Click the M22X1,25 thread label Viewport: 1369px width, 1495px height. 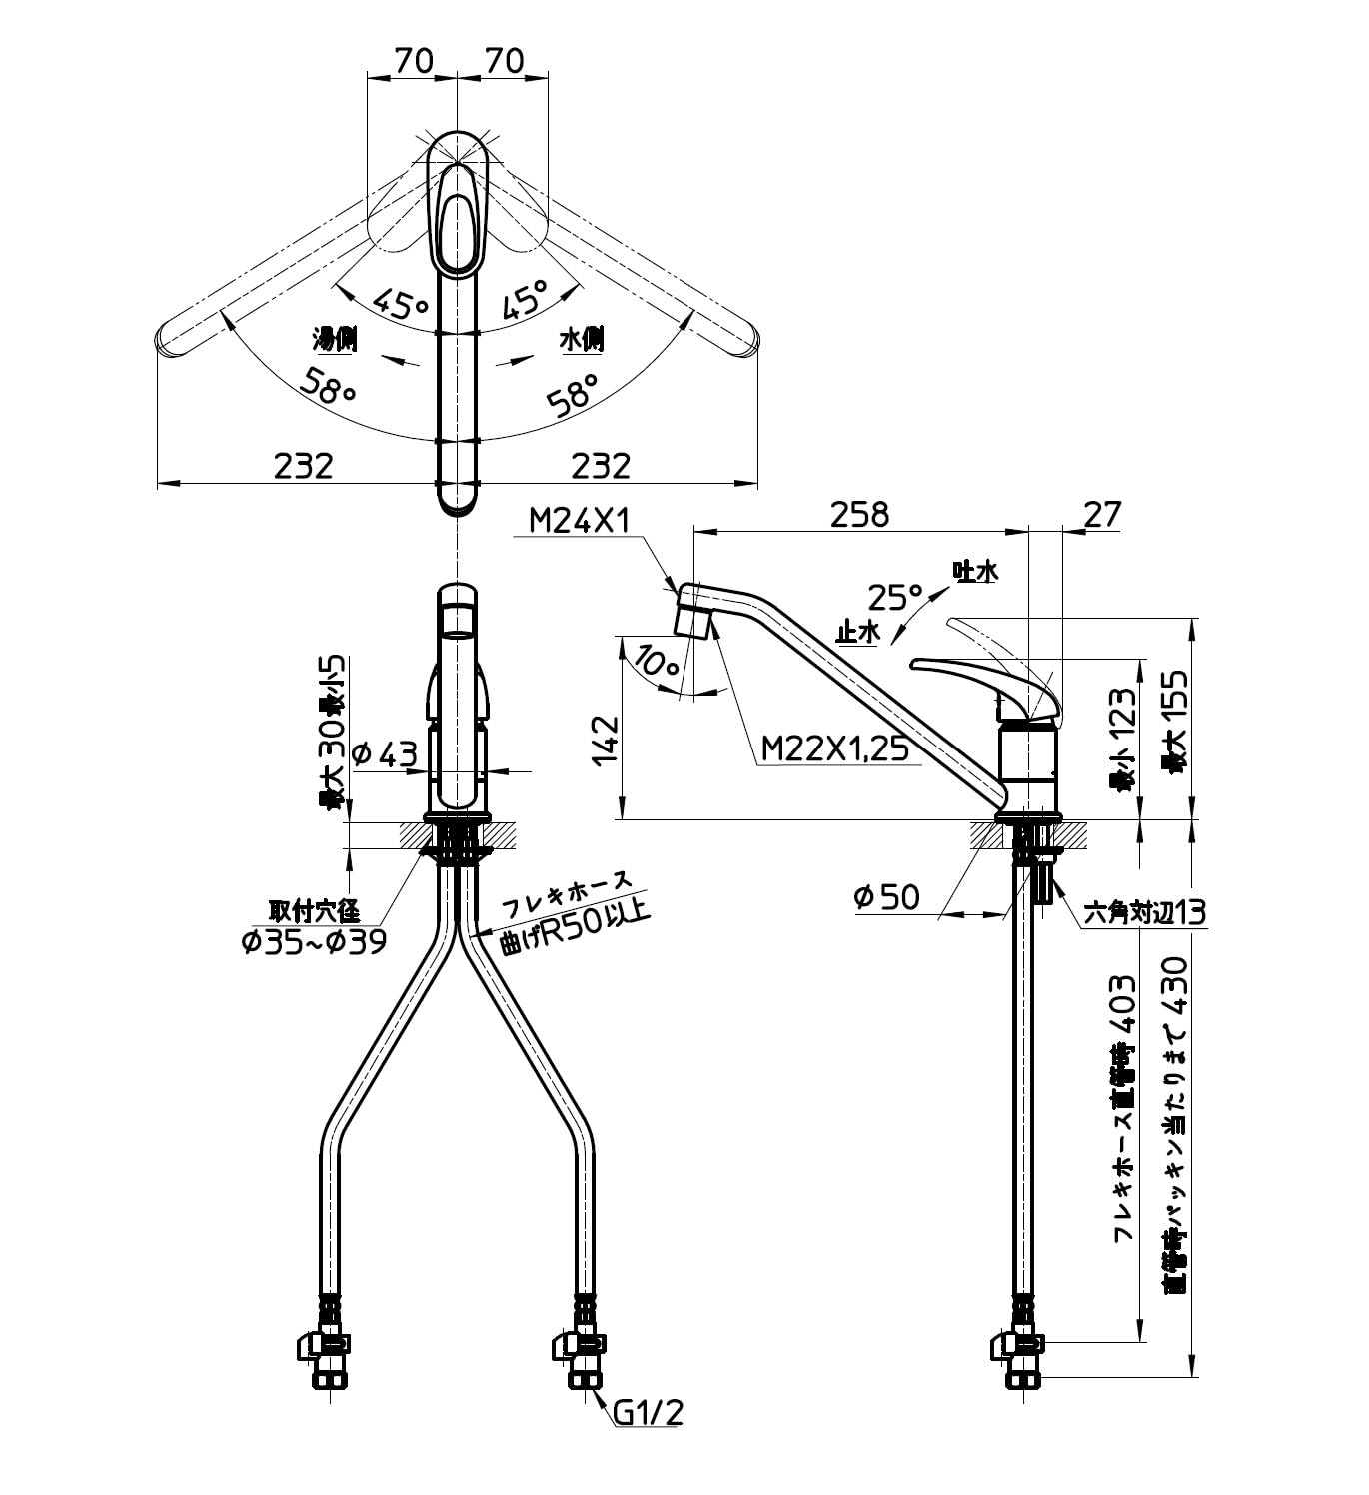pos(834,747)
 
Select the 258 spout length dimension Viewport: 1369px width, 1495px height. pos(859,514)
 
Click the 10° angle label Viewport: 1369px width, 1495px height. pos(656,661)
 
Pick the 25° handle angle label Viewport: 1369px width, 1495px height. pos(894,598)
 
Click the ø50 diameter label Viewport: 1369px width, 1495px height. pos(886,897)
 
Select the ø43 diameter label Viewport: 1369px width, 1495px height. pos(384,754)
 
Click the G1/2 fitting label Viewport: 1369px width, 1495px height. pos(648,1412)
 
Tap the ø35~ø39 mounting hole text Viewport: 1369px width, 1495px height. pos(313,941)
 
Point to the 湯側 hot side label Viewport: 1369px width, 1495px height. pos(335,340)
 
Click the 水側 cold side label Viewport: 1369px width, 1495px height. pos(582,340)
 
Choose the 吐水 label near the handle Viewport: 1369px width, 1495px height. pos(975,572)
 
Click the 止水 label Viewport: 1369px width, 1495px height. pos(857,633)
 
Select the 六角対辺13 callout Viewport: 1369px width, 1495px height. pos(1145,912)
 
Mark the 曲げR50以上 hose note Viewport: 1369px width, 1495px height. pos(576,928)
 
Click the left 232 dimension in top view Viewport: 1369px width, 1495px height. pos(303,465)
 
